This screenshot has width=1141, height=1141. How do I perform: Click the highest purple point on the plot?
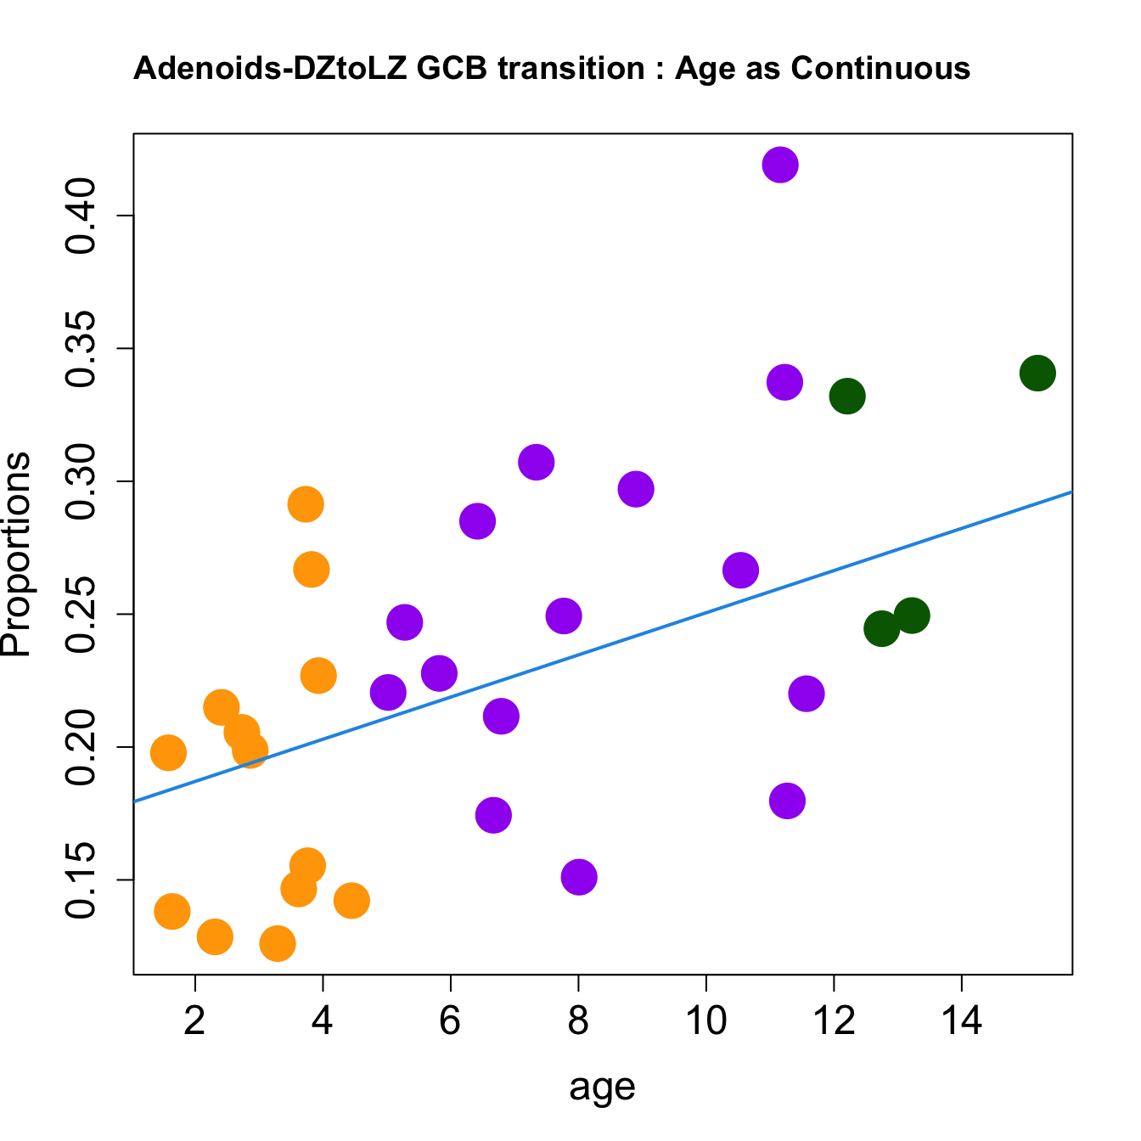pyautogui.click(x=779, y=165)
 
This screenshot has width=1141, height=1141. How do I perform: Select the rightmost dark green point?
pyautogui.click(x=1037, y=373)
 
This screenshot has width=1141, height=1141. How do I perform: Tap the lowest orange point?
pyautogui.click(x=278, y=943)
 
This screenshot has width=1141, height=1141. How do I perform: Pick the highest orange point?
pyautogui.click(x=306, y=504)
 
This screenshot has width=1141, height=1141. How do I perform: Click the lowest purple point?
pyautogui.click(x=579, y=877)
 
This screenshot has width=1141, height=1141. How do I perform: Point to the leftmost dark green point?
pyautogui.click(x=847, y=396)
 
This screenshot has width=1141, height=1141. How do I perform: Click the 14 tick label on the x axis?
pyautogui.click(x=961, y=1020)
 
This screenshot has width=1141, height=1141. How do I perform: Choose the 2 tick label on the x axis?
pyautogui.click(x=195, y=1020)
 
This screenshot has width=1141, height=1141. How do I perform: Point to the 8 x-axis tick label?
pyautogui.click(x=578, y=1020)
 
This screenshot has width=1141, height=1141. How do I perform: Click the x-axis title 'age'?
pyautogui.click(x=602, y=1088)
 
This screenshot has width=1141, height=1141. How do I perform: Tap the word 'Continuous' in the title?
pyautogui.click(x=880, y=68)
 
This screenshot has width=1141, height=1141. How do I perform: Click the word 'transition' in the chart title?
pyautogui.click(x=571, y=68)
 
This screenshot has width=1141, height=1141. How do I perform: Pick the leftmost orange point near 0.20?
pyautogui.click(x=168, y=752)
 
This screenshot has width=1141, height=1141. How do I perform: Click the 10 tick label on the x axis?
pyautogui.click(x=705, y=1020)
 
